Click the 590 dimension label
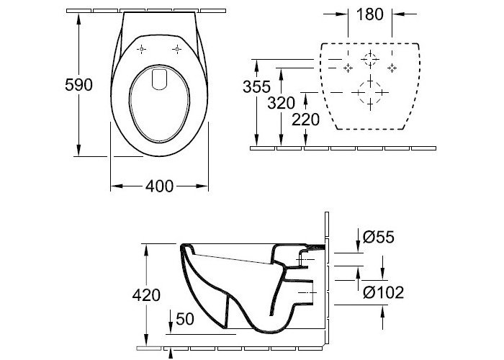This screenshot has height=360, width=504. click(78, 85)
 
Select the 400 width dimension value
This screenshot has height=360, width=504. click(159, 186)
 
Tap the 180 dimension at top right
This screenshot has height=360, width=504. click(369, 14)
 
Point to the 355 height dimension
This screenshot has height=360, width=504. click(256, 87)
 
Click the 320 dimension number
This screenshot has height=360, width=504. click(282, 103)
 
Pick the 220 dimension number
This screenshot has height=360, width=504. click(305, 120)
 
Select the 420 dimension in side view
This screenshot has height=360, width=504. click(146, 295)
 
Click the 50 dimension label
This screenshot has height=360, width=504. click(185, 319)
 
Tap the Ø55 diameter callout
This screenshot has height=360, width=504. click(378, 237)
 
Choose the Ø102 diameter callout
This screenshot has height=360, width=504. click(383, 292)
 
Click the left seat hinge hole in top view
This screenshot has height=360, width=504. click(141, 49)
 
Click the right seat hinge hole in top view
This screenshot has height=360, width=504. click(176, 49)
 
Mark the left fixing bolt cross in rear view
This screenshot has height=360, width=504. click(348, 68)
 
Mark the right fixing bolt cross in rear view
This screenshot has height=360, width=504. click(392, 68)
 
